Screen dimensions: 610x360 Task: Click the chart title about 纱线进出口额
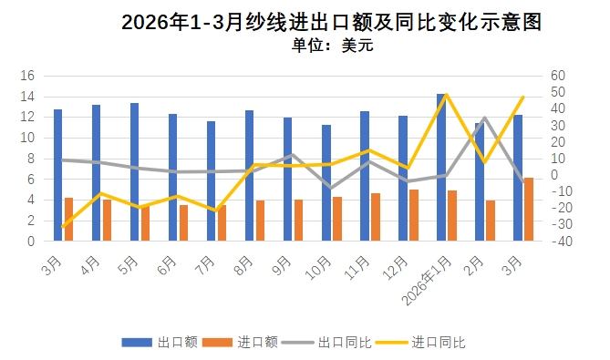(332, 22)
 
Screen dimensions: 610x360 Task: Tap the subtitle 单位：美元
(333, 45)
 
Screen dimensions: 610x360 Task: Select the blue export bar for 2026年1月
(440, 167)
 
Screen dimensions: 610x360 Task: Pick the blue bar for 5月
(134, 172)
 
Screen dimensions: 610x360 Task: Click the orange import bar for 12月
(414, 215)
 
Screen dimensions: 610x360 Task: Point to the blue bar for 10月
(326, 182)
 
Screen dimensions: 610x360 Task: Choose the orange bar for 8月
(260, 221)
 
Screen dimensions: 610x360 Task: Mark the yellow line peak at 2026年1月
(446, 95)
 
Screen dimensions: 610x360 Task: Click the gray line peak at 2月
(484, 118)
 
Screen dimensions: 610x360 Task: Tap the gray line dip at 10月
(331, 188)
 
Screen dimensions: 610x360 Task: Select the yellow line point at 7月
(216, 211)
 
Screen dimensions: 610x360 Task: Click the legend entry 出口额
(160, 343)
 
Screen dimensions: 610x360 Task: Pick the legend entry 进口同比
(420, 343)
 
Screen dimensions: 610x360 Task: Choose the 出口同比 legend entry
(326, 343)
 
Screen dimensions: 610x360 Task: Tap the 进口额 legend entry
(240, 343)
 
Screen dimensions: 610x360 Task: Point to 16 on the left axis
(27, 76)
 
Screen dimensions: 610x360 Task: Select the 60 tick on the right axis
(558, 76)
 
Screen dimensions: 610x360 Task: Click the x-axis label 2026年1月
(427, 281)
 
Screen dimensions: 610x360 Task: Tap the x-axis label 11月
(357, 268)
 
